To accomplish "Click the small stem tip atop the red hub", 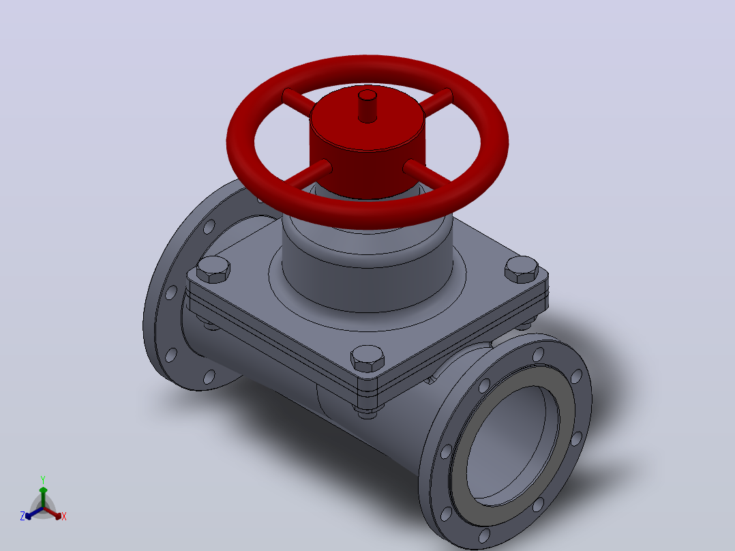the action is pos(367,106).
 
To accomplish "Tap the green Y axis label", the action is pos(43,479).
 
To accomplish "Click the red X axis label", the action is pos(64,516).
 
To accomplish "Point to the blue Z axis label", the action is pos(22,516).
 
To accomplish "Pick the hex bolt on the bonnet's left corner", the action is pos(213,269).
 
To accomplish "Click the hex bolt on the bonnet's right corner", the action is pos(521,269).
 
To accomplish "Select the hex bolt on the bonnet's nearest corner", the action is pos(367,359).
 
